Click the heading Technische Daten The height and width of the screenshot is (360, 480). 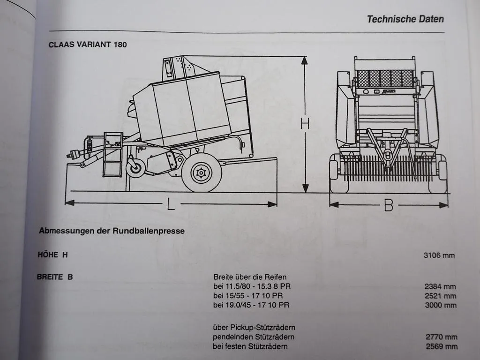(x=405, y=19)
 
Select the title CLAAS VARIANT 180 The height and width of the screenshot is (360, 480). (x=88, y=45)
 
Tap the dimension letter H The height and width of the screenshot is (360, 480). (x=305, y=124)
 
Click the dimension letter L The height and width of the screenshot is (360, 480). (x=171, y=204)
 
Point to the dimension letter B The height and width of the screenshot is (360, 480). (x=389, y=205)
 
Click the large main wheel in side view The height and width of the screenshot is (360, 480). (x=202, y=172)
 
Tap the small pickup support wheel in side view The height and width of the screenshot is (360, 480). (x=136, y=168)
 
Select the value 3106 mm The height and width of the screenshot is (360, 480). (x=439, y=255)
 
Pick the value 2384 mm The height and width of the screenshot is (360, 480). (x=441, y=286)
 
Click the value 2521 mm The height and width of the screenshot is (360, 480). (x=441, y=296)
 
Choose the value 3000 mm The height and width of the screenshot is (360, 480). (x=441, y=305)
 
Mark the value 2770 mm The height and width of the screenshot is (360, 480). (x=441, y=337)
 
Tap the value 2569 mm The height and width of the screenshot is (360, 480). (x=441, y=346)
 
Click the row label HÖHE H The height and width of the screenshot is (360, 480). (x=53, y=255)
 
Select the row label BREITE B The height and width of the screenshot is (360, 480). (x=55, y=277)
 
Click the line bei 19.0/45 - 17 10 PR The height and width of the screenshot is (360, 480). (x=251, y=305)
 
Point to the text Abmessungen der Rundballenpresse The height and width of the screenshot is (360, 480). (x=112, y=231)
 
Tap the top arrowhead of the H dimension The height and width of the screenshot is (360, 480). (x=305, y=60)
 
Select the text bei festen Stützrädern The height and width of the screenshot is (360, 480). (x=250, y=346)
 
